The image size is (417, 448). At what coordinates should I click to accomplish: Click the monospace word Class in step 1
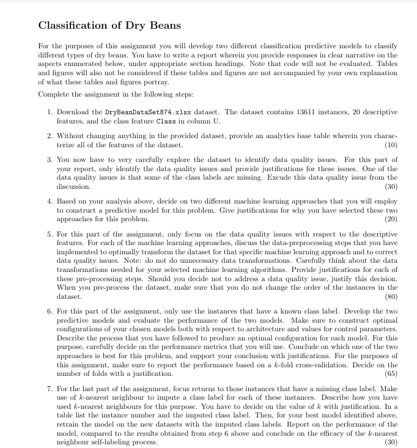tap(158, 122)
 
